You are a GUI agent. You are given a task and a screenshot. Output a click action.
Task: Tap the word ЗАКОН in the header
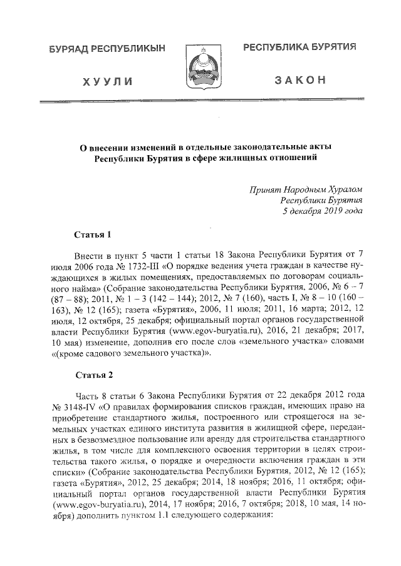(300, 82)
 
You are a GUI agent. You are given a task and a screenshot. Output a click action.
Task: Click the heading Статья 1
(93, 235)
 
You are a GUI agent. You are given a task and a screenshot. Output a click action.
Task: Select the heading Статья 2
(93, 375)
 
